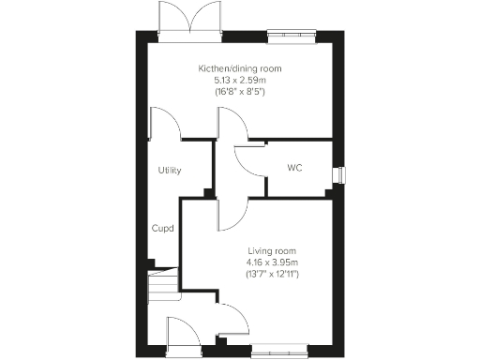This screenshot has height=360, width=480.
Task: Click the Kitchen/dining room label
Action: (x=239, y=69)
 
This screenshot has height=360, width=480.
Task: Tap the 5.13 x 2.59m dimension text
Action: (x=239, y=82)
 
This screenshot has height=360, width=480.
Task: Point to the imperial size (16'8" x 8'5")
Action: (x=239, y=94)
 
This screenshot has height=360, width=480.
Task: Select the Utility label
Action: (x=169, y=171)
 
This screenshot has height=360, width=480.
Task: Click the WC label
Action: (x=293, y=169)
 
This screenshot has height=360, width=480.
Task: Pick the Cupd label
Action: (x=164, y=228)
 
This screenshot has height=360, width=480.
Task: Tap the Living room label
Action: (x=272, y=251)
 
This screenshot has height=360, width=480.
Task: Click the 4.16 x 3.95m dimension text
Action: (x=272, y=263)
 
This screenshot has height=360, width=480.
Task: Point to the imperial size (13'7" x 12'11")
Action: (x=272, y=276)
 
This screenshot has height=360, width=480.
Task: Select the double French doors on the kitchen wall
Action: (x=191, y=21)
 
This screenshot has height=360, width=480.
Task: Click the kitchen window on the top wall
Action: (x=290, y=37)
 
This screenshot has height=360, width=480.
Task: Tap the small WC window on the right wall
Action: (x=338, y=174)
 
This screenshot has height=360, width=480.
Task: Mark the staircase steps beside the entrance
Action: (x=164, y=284)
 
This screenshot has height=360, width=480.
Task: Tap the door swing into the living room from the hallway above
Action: (x=232, y=214)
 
